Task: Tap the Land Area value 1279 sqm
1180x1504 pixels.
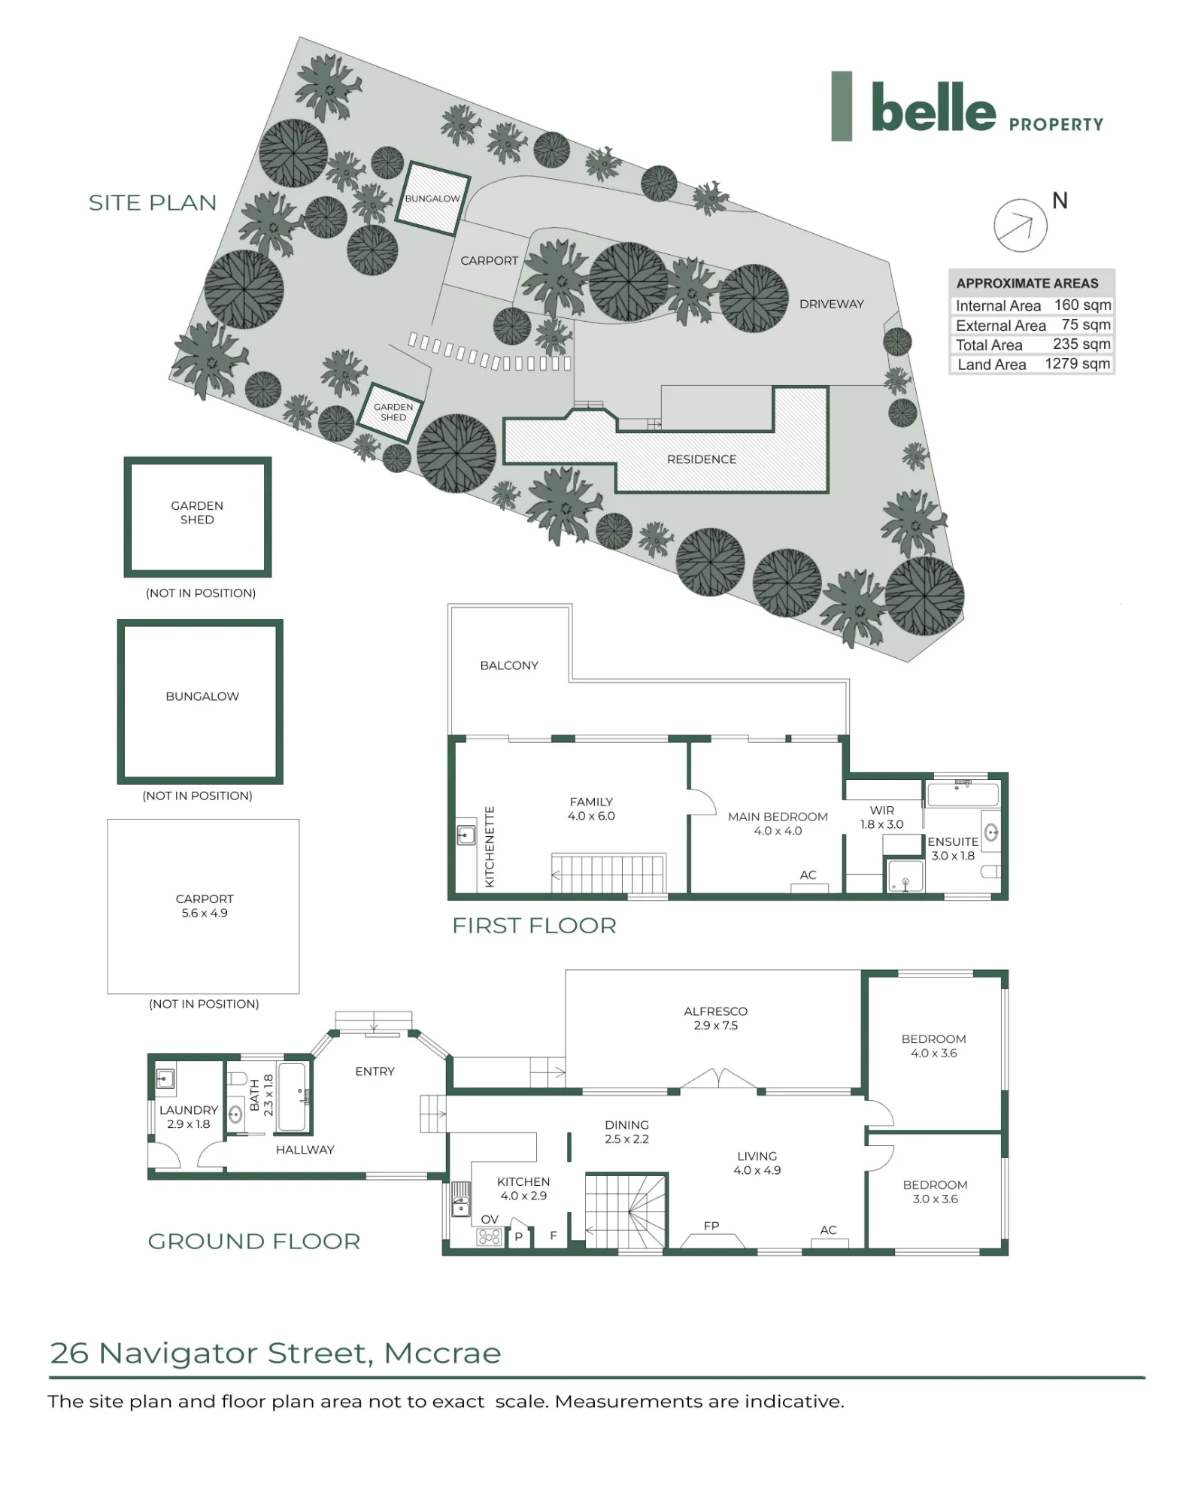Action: pos(1077,364)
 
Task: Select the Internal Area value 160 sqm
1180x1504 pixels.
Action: pos(1082,305)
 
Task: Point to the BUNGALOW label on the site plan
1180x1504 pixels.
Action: pos(432,199)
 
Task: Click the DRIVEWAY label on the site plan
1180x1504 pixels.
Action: pos(831,304)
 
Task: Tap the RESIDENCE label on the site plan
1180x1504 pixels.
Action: pos(702,459)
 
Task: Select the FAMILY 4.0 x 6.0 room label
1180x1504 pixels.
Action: pos(591,809)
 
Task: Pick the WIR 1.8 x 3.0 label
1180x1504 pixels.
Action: pos(881,817)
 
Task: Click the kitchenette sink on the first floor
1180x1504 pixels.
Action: pos(466,834)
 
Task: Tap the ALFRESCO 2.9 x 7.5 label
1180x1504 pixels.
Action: pos(715,1018)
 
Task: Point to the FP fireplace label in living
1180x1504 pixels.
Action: pos(711,1226)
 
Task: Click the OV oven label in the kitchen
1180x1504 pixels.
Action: pos(490,1219)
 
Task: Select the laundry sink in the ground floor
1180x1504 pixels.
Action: pos(165,1078)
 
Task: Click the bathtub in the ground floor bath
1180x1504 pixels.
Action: pos(292,1096)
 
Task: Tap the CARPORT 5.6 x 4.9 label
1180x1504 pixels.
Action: pos(205,906)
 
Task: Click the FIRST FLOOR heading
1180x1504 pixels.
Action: pos(534,926)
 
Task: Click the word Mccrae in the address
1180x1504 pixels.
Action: pos(442,1354)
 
